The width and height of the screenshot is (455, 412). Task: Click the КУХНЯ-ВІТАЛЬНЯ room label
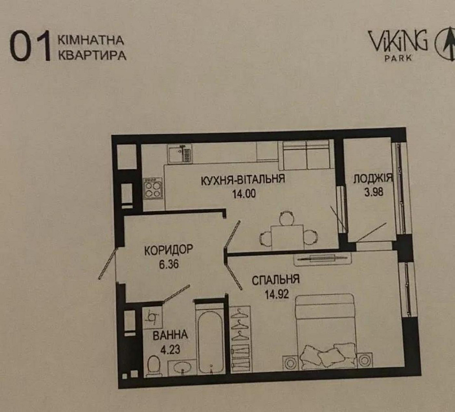click(243, 179)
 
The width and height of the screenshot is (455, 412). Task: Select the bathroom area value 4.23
click(170, 350)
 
